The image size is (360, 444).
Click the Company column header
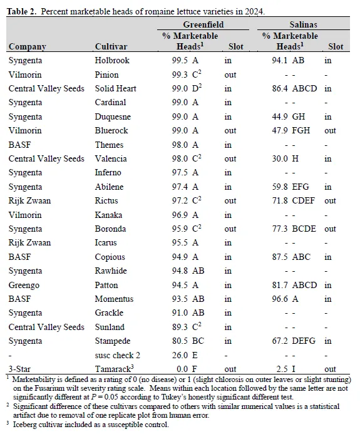pyautogui.click(x=27, y=47)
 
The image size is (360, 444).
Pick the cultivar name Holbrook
pyautogui.click(x=113, y=60)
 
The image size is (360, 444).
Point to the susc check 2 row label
pyautogui.click(x=118, y=355)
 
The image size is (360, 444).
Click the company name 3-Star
pyautogui.click(x=20, y=369)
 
